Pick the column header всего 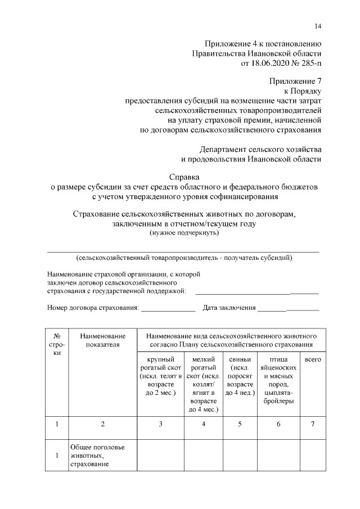313,359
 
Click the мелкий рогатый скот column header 204,384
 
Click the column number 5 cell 240,424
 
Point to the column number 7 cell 313,424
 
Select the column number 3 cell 160,424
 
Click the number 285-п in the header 308,64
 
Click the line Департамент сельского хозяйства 260,149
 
